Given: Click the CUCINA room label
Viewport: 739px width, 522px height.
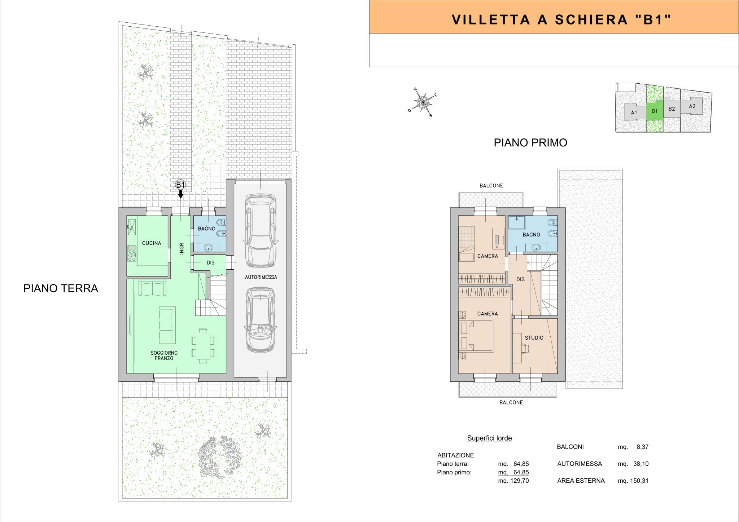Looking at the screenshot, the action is click(152, 243).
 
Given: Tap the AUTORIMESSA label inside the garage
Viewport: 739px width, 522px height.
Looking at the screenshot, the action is click(261, 277).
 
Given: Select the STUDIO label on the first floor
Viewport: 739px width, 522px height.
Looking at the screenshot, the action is click(534, 338).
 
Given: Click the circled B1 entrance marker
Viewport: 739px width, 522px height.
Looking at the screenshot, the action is click(180, 185).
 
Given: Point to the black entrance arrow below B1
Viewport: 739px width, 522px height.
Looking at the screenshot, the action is click(181, 194).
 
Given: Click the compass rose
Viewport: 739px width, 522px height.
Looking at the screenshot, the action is click(423, 102).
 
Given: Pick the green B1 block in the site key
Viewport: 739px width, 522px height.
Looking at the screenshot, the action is click(655, 111).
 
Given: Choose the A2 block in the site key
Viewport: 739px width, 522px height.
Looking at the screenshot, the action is click(692, 106).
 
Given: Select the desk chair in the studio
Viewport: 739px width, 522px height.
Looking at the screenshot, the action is click(525, 348).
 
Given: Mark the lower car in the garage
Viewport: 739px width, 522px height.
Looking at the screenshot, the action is click(261, 319).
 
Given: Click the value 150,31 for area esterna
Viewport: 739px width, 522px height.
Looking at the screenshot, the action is click(641, 481).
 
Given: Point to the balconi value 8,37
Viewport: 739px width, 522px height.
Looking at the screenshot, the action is click(643, 447).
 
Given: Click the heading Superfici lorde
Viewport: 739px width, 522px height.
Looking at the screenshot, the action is click(489, 438).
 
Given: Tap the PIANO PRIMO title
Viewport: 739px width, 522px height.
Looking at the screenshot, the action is click(530, 143).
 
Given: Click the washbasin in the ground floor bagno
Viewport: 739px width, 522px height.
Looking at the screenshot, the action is click(209, 247).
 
